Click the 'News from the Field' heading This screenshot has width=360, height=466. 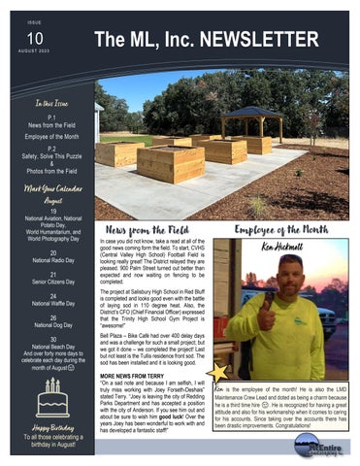152,230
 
